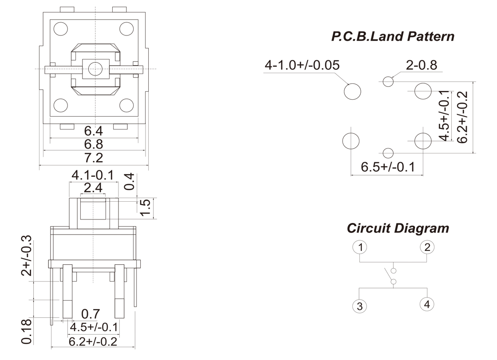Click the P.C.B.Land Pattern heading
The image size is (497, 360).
click(393, 36)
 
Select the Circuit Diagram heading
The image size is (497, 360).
click(398, 229)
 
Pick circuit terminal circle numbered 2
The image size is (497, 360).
click(427, 247)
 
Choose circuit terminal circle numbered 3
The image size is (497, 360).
click(360, 305)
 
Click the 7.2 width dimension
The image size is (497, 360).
click(94, 158)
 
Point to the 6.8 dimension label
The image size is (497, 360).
click(94, 144)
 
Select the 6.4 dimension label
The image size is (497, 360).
click(94, 131)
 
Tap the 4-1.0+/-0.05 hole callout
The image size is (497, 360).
click(302, 66)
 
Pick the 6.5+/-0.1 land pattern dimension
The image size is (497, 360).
click(387, 167)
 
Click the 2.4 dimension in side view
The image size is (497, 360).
click(93, 188)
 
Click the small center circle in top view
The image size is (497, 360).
click(95, 68)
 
